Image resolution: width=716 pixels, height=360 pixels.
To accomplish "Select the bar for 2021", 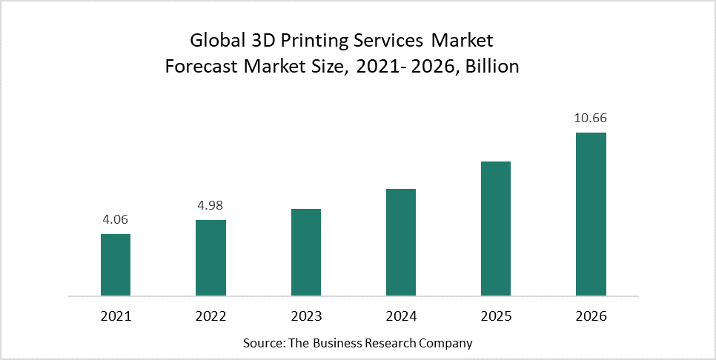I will pyautogui.click(x=116, y=265).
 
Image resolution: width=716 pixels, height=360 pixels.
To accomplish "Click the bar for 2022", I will pyautogui.click(x=211, y=258).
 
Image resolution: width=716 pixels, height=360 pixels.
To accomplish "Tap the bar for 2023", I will pyautogui.click(x=306, y=253).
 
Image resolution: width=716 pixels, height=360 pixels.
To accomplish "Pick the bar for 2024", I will pyautogui.click(x=401, y=242).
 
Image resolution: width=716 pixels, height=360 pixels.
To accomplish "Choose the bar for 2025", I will pyautogui.click(x=496, y=229).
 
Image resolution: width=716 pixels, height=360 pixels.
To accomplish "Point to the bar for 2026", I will pyautogui.click(x=591, y=215).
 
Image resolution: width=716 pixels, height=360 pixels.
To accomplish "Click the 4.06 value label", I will pyautogui.click(x=116, y=219).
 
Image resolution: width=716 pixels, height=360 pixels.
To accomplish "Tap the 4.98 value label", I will pyautogui.click(x=211, y=205).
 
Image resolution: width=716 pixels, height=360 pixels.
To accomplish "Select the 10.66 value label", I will pyautogui.click(x=591, y=118).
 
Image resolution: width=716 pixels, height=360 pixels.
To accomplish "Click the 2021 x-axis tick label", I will pyautogui.click(x=116, y=316).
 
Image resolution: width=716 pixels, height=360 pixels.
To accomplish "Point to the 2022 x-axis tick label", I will pyautogui.click(x=211, y=316).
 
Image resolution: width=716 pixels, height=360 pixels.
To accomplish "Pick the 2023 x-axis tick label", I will pyautogui.click(x=306, y=316).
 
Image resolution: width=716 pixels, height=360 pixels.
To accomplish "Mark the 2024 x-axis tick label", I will pyautogui.click(x=401, y=316).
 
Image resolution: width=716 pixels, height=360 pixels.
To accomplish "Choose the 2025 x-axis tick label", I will pyautogui.click(x=496, y=316).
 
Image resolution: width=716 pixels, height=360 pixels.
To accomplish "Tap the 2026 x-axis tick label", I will pyautogui.click(x=591, y=316).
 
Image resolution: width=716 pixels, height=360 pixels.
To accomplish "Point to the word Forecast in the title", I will pyautogui.click(x=199, y=66).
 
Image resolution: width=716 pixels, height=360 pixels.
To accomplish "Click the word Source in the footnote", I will pyautogui.click(x=260, y=344).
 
